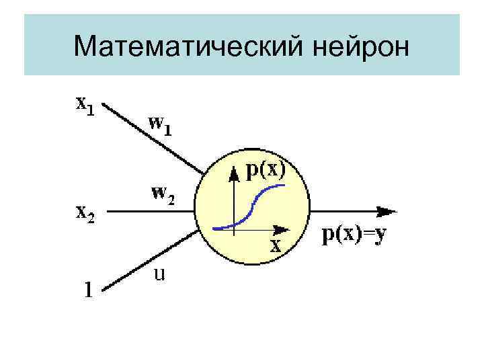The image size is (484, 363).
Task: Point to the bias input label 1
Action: click(87, 290)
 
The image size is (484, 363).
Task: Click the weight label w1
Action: click(159, 125)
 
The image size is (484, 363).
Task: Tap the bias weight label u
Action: click(161, 274)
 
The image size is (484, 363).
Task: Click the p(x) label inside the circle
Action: click(265, 169)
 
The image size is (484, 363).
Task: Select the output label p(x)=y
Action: click(356, 235)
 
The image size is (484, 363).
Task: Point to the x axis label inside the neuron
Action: click(275, 245)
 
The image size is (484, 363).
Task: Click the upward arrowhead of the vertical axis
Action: click(233, 174)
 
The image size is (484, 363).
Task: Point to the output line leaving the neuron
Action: click(343, 211)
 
